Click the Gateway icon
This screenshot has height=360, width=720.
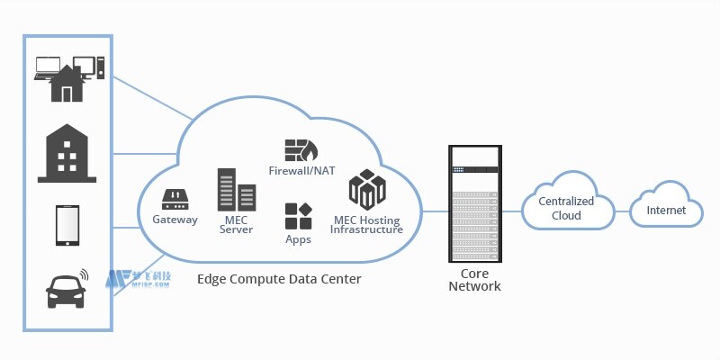(x=175, y=198)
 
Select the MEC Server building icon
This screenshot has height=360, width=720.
(x=236, y=190)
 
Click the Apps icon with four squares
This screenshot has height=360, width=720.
(x=298, y=217)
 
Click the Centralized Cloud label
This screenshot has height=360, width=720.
(x=565, y=209)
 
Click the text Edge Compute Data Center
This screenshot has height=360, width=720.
(x=279, y=280)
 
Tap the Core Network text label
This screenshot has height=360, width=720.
(x=473, y=279)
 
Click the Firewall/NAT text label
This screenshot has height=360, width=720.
(x=301, y=170)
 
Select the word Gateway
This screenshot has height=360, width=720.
(x=175, y=220)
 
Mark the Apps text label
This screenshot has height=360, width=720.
(x=298, y=239)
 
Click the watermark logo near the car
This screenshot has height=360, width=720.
(x=135, y=280)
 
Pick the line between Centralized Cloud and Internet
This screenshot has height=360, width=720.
(x=623, y=211)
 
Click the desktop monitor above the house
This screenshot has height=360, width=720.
(x=84, y=66)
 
